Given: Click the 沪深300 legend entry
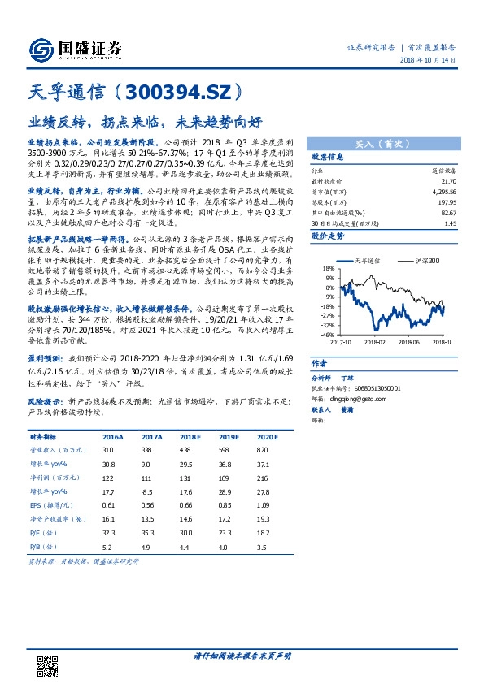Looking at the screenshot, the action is pos(423,260).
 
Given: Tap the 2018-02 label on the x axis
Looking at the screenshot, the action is pos(375,343).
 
